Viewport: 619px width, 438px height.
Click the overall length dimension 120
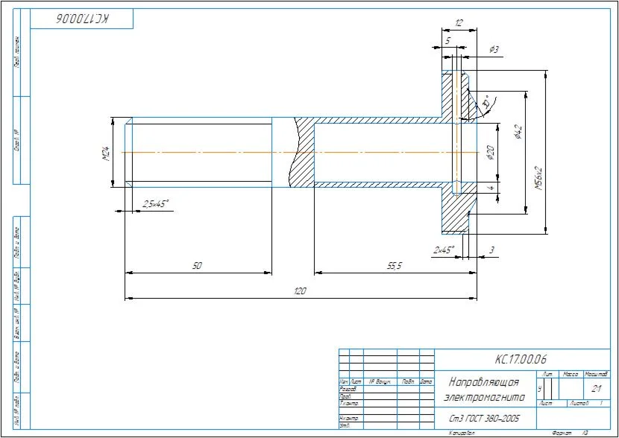tap(301, 291)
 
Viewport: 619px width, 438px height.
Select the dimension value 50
tap(198, 265)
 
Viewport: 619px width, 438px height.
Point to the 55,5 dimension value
tap(395, 265)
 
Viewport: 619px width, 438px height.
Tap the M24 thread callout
tap(106, 154)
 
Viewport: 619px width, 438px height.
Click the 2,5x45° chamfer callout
tap(156, 203)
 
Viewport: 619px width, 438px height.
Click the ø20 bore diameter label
tap(489, 153)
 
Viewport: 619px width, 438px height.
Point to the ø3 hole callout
tap(494, 49)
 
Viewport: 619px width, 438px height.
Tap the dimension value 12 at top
tap(459, 24)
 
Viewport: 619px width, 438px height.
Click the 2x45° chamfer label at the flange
tap(442, 249)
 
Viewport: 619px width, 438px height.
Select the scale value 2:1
tap(597, 388)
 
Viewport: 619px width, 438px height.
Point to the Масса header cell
tap(571, 373)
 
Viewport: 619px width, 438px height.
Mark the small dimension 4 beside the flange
tap(490, 188)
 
